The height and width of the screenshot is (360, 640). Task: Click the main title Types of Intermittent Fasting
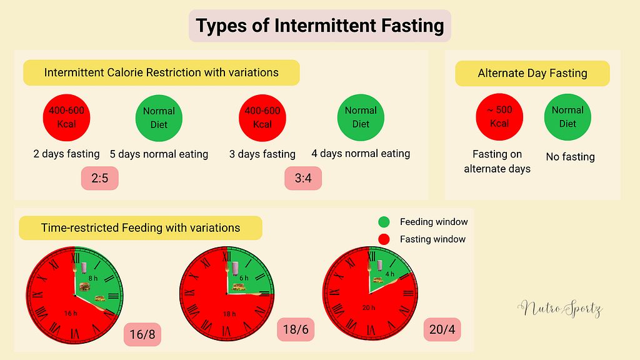tap(319, 26)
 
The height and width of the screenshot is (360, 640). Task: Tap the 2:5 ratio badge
tap(99, 179)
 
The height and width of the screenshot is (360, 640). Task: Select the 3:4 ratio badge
tap(307, 179)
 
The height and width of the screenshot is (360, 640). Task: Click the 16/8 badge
tap(143, 335)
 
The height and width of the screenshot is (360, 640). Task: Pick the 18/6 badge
tap(295, 329)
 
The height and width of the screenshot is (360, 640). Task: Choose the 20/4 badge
tap(442, 329)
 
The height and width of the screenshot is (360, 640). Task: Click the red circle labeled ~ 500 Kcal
tap(499, 117)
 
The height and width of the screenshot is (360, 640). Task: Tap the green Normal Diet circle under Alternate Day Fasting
tap(567, 117)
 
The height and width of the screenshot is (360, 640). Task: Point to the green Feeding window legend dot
tap(384, 222)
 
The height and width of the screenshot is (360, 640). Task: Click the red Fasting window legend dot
tap(384, 239)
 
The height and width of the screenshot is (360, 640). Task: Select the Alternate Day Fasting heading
tap(532, 73)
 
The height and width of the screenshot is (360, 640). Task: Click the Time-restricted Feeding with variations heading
tap(141, 228)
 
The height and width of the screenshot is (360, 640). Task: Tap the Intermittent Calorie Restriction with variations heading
tap(161, 72)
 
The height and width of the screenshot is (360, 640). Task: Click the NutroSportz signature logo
tap(559, 308)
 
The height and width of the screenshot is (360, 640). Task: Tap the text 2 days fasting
tap(66, 154)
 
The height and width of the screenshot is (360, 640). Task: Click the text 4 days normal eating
tap(361, 153)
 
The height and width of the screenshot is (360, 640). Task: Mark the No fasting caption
tap(570, 157)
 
